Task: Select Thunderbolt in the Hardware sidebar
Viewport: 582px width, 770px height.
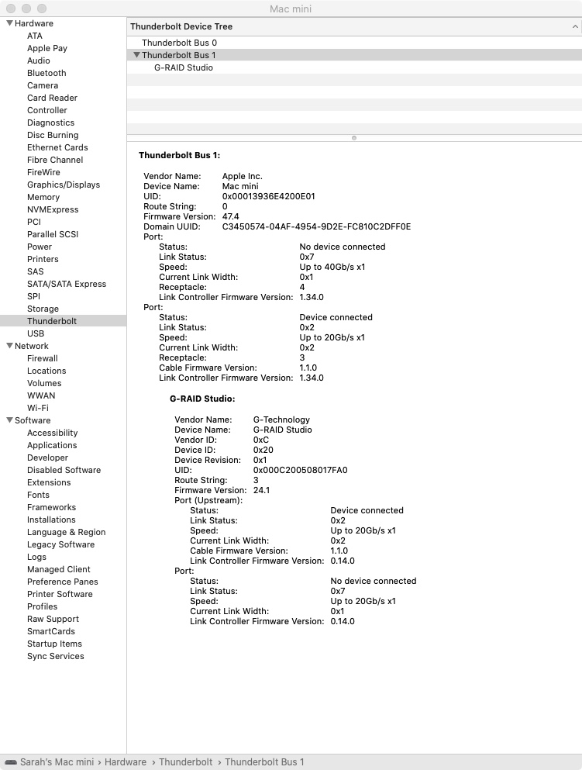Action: [51, 321]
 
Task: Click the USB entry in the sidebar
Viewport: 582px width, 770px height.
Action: [36, 333]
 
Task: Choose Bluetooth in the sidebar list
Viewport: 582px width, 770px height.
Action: [46, 73]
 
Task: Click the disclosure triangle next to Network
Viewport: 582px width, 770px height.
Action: [9, 346]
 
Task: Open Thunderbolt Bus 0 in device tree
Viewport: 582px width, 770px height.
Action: [179, 43]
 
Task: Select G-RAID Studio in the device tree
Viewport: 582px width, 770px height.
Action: [184, 67]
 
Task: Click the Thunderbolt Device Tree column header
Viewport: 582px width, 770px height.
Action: [181, 26]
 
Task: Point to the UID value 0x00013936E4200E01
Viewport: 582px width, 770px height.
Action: [268, 197]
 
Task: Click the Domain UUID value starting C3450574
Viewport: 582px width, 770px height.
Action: [316, 227]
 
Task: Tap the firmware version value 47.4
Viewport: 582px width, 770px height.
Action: [230, 217]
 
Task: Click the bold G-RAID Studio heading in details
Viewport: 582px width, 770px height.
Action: [202, 399]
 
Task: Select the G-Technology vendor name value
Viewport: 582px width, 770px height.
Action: [281, 420]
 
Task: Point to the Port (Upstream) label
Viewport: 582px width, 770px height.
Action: [208, 501]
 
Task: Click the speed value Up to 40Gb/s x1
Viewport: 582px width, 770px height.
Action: [332, 267]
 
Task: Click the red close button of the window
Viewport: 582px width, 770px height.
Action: [11, 8]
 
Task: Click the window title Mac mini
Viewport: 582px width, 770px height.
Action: [291, 9]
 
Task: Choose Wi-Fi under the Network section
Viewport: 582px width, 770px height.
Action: [37, 408]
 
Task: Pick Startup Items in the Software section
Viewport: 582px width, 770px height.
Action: [54, 644]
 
